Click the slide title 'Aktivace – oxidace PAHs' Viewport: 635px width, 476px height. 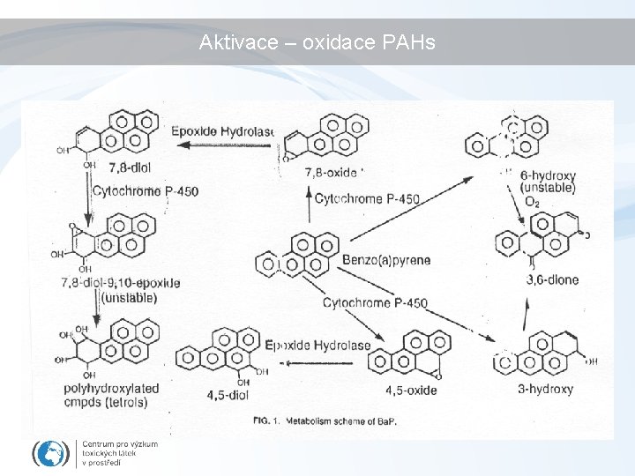coord(317,42)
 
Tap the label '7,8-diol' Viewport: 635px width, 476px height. coord(128,167)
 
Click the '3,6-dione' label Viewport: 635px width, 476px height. coord(552,280)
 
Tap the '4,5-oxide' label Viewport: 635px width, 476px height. coord(411,390)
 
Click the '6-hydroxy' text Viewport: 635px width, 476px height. coord(548,175)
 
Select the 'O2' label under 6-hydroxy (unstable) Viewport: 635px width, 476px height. coord(532,202)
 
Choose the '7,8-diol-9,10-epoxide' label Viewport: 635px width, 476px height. coord(121,283)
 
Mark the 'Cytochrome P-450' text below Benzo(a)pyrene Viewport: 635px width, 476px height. coord(375,303)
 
